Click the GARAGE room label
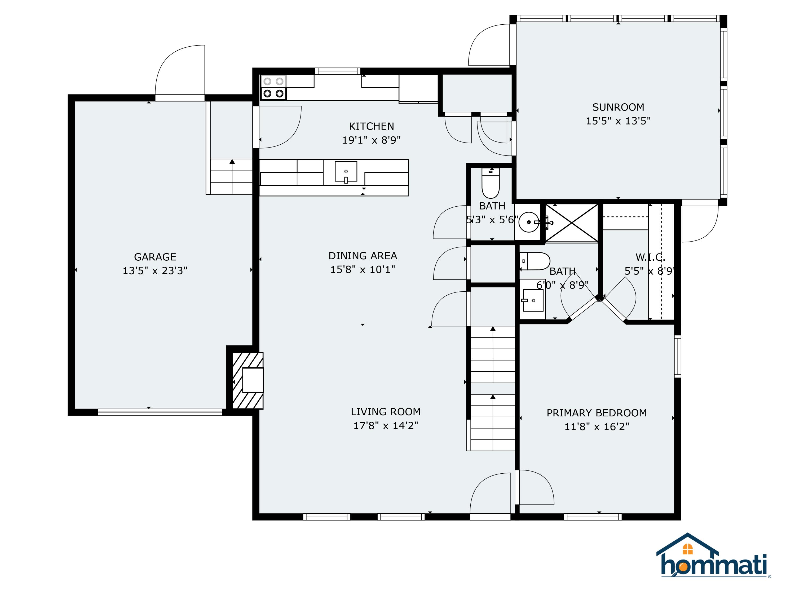click(155, 257)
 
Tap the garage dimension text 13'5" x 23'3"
click(155, 270)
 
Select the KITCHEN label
click(371, 126)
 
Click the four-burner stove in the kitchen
click(273, 88)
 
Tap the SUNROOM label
click(618, 107)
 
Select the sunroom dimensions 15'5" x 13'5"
click(618, 121)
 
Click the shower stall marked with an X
click(571, 223)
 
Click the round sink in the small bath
click(529, 223)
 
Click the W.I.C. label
click(650, 257)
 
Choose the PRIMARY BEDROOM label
click(596, 413)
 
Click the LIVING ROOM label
click(385, 412)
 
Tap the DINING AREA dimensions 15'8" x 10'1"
click(362, 269)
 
